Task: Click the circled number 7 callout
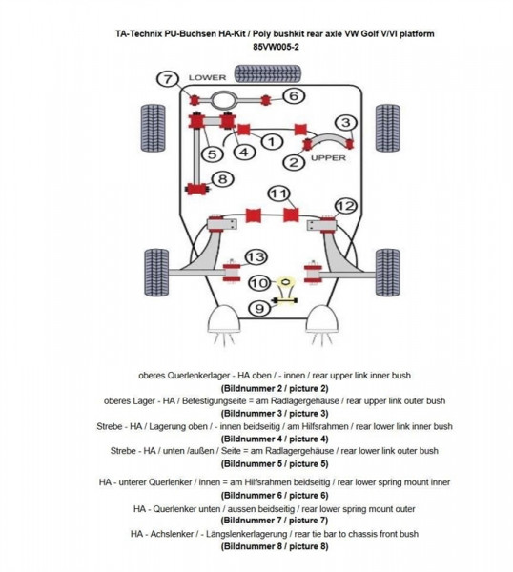pos(168,79)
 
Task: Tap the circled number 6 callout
pos(294,96)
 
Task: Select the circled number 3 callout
pos(345,123)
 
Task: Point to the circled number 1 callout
pos(272,141)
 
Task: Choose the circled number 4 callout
pos(244,152)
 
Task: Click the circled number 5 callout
pos(212,153)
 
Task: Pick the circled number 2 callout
pos(294,162)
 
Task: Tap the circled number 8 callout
pos(222,179)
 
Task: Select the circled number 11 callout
pos(279,194)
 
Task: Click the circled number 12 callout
pos(345,206)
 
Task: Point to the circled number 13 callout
pos(256,256)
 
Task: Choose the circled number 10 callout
pos(259,283)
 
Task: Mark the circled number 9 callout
pos(259,309)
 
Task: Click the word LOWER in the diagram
pos(207,77)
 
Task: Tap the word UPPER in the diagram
pos(328,158)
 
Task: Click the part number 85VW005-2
pos(277,47)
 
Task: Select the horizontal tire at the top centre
pos(268,73)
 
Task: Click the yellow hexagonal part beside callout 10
pos(286,281)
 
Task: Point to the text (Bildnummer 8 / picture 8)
pos(275,546)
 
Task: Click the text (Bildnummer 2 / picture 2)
pos(275,388)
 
